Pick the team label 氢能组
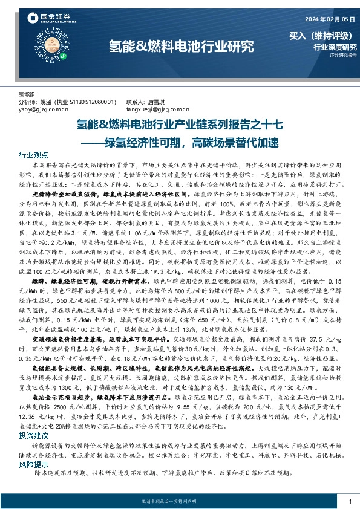coord(28,95)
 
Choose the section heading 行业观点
coord(33,155)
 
